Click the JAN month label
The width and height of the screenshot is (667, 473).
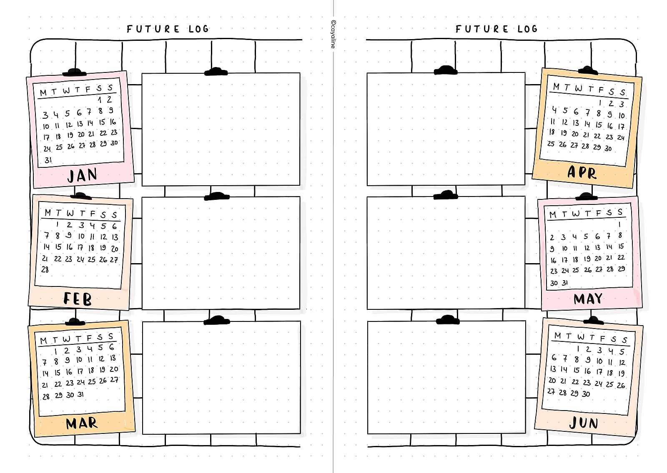click(82, 175)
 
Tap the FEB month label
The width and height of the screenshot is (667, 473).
click(78, 299)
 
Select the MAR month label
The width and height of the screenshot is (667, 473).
click(82, 423)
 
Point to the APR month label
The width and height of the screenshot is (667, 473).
click(582, 172)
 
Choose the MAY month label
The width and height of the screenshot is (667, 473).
click(588, 299)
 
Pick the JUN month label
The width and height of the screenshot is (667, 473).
click(583, 423)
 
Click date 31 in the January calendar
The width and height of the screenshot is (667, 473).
click(48, 160)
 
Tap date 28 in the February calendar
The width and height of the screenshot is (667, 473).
click(45, 269)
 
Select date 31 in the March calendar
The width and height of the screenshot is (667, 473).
click(80, 394)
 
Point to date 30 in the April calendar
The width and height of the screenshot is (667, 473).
click(608, 148)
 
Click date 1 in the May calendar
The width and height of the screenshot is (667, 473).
click(620, 225)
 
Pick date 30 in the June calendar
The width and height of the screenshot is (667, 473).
click(586, 393)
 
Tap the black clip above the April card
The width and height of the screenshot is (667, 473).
click(588, 70)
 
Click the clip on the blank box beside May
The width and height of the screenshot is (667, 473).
click(446, 195)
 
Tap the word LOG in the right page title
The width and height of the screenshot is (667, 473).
click(527, 29)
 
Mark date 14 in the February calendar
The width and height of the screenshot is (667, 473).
click(46, 246)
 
